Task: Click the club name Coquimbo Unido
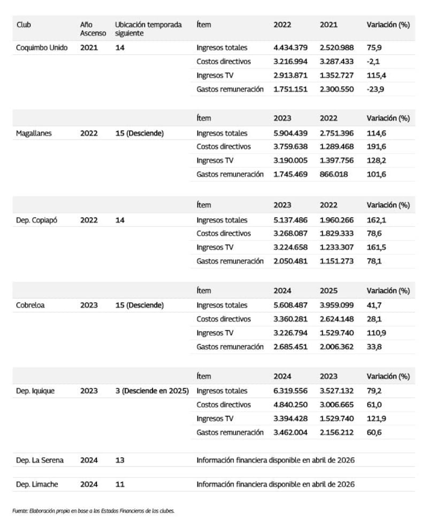click(x=42, y=48)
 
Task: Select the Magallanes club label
click(x=34, y=133)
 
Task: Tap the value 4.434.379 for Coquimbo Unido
click(x=291, y=48)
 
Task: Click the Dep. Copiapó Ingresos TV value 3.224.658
click(x=291, y=247)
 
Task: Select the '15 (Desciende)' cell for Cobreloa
click(x=139, y=305)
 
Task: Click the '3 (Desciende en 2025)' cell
click(x=152, y=391)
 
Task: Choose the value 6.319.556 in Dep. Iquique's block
click(x=291, y=391)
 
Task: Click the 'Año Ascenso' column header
click(x=93, y=28)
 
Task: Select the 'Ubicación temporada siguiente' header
click(x=148, y=28)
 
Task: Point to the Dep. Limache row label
click(x=37, y=485)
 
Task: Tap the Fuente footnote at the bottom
click(x=94, y=511)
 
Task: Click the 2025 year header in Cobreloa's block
click(x=328, y=290)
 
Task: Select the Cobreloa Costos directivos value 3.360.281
click(x=291, y=319)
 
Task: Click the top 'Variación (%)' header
click(x=388, y=25)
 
